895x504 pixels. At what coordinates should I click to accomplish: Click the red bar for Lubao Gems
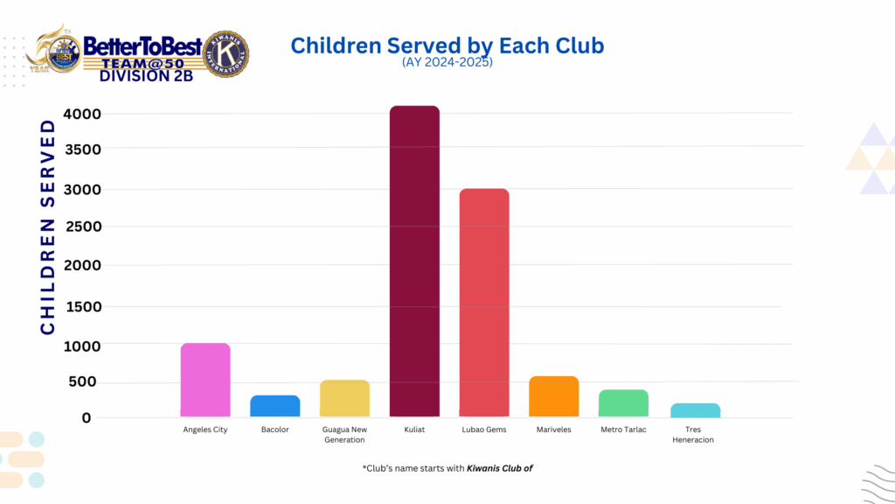484,303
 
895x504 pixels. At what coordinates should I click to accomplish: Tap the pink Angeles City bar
205,380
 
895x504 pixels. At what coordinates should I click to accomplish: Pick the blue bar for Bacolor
275,406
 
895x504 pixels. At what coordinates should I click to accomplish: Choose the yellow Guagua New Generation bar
344,398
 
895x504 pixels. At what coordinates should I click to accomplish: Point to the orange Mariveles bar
553,396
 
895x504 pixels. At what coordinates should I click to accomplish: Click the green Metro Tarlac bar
623,403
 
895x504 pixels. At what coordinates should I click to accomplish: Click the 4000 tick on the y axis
82,114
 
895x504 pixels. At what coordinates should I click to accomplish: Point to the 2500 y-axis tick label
82,227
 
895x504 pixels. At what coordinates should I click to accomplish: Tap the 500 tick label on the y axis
87,381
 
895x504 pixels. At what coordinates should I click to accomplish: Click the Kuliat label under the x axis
414,430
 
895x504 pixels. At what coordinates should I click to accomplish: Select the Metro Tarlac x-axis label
623,430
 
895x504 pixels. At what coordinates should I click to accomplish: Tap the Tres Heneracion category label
693,435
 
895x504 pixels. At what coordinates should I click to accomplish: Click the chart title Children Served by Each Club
447,45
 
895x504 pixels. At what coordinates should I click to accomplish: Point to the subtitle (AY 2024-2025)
447,63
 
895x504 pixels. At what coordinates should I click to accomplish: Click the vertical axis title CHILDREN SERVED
48,226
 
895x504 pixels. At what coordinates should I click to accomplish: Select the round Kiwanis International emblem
225,54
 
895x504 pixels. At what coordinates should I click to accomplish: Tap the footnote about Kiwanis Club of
447,468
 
